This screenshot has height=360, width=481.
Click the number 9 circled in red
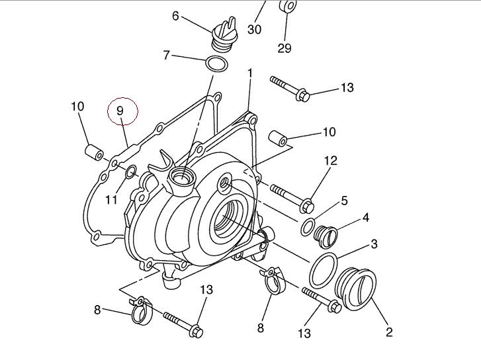pos(121,111)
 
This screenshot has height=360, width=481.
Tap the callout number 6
pos(176,15)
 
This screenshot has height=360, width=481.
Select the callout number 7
pos(167,55)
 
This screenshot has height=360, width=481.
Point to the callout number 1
pos(250,72)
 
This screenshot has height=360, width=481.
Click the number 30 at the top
pos(255,29)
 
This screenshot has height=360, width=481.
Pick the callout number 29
pos(284,48)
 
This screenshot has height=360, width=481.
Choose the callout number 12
pos(330,160)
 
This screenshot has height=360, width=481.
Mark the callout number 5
pos(344,200)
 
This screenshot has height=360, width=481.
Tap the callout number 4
pos(365,217)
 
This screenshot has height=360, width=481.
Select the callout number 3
pos(374,244)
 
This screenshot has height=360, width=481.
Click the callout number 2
pos(389,332)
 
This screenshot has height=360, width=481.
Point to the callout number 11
pos(110,199)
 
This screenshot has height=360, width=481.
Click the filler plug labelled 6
pos(220,36)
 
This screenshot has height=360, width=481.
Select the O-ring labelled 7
pos(217,65)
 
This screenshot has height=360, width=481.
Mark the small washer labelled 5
pos(308,226)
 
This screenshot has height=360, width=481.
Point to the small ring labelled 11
pos(131,173)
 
